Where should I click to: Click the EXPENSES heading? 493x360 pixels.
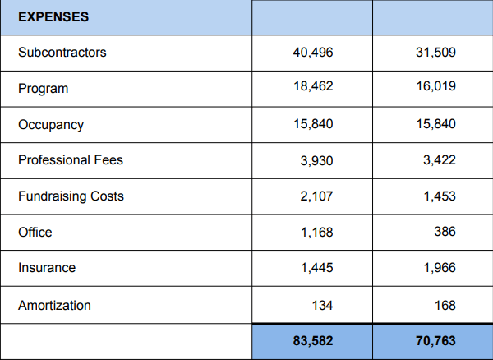pyautogui.click(x=53, y=16)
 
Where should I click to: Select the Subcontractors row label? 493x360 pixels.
pyautogui.click(x=62, y=53)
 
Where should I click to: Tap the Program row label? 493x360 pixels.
pyautogui.click(x=44, y=88)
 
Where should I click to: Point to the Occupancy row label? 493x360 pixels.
pyautogui.click(x=51, y=125)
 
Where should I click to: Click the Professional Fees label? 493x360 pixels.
pyautogui.click(x=71, y=160)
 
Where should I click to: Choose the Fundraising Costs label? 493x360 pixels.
pyautogui.click(x=71, y=196)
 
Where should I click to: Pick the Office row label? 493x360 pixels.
pyautogui.click(x=35, y=233)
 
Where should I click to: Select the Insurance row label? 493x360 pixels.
pyautogui.click(x=47, y=268)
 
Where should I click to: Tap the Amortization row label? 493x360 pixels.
pyautogui.click(x=54, y=306)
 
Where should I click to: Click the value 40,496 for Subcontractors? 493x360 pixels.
pyautogui.click(x=313, y=53)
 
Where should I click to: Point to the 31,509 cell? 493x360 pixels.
pyautogui.click(x=435, y=53)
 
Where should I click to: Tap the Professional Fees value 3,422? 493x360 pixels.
pyautogui.click(x=439, y=160)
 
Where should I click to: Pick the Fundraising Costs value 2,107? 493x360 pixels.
pyautogui.click(x=316, y=196)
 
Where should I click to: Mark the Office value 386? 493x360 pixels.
pyautogui.click(x=445, y=233)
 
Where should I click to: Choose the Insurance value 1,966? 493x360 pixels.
pyautogui.click(x=439, y=268)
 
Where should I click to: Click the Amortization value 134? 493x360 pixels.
pyautogui.click(x=323, y=306)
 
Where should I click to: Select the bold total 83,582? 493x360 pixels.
pyautogui.click(x=313, y=341)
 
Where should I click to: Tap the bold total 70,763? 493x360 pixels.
pyautogui.click(x=435, y=341)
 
